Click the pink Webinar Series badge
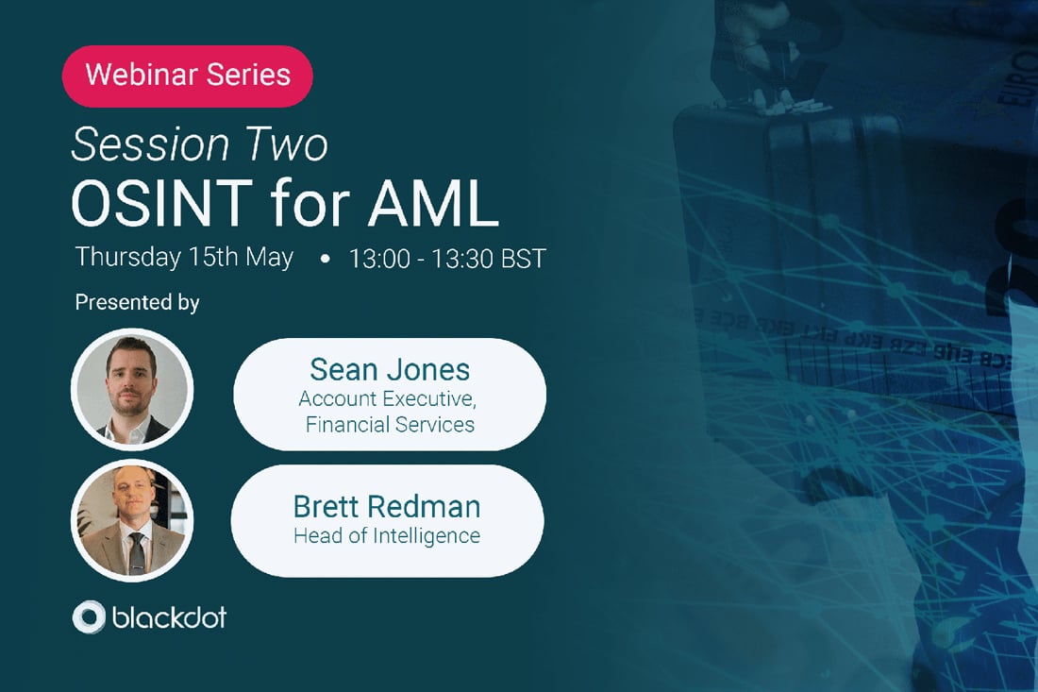187,75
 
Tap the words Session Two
199,144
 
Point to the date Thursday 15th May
184,257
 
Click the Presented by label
137,303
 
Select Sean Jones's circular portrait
132,389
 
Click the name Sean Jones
389,369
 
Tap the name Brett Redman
386,506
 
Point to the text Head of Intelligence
386,536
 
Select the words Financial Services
390,424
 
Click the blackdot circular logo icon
89,617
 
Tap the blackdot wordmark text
169,618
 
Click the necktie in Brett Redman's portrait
137,550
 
